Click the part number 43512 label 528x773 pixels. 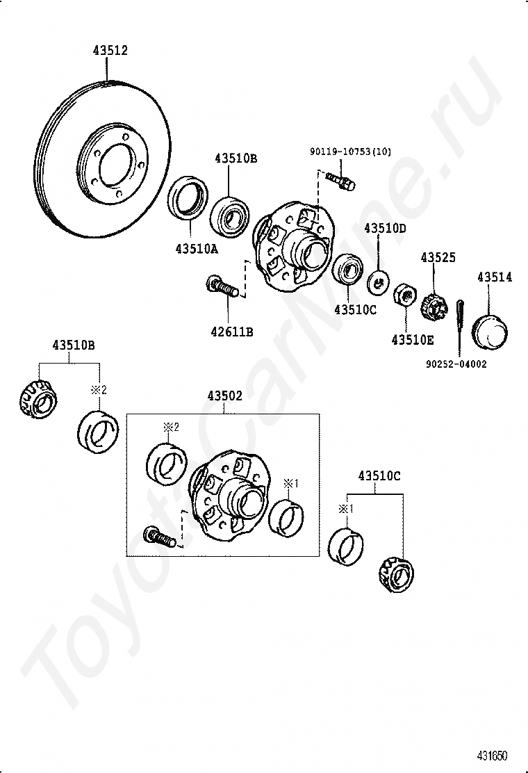tap(110, 51)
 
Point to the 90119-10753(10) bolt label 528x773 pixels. tap(351, 152)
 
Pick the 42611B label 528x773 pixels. tap(232, 332)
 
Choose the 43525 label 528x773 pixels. tap(438, 258)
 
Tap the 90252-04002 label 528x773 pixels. tap(456, 363)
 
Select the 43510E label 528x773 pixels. tap(412, 340)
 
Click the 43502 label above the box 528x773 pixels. tap(224, 396)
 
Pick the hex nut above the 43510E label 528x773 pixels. tap(403, 295)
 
